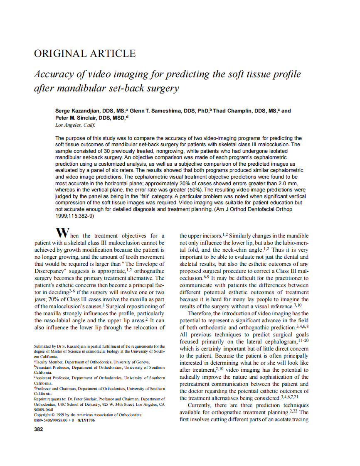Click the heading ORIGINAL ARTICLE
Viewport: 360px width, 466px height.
84,54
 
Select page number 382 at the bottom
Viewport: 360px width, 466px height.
38,429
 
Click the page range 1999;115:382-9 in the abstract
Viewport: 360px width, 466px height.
75,216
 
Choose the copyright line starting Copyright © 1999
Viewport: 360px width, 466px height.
88,414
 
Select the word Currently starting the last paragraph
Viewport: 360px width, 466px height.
200,405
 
